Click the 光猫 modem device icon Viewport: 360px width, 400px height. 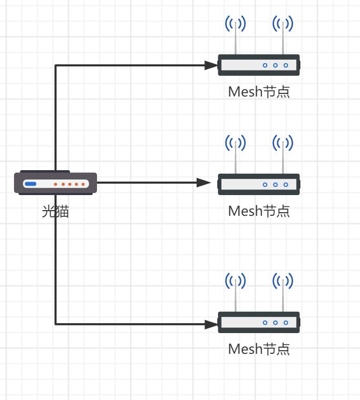[56, 183]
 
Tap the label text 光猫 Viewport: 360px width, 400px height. [56, 211]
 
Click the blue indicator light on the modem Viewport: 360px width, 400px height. [31, 184]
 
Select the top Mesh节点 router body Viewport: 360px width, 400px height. [258, 65]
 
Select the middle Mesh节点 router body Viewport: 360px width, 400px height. [258, 184]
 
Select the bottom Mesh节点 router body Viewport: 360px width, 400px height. [258, 323]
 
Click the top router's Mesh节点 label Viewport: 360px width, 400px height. [258, 92]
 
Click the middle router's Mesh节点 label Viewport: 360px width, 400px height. [258, 211]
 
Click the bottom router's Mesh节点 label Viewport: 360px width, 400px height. [258, 349]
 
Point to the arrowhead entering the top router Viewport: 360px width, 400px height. [211, 65]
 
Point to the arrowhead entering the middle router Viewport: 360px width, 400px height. [204, 183]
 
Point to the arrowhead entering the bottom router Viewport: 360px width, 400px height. [211, 324]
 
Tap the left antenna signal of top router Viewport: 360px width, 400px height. [236, 23]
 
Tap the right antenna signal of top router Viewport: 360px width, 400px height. [283, 23]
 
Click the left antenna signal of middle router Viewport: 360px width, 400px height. [236, 142]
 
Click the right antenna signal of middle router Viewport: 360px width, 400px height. [283, 142]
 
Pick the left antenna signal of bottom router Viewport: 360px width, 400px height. [236, 281]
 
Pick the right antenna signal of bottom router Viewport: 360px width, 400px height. [283, 281]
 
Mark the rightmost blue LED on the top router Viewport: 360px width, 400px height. [286, 65]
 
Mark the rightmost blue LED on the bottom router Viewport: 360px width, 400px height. [286, 323]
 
